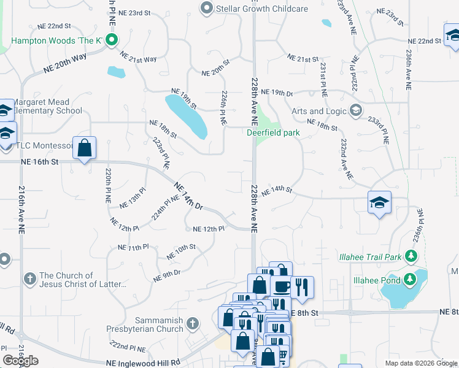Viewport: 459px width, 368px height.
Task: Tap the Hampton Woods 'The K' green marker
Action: click(111, 42)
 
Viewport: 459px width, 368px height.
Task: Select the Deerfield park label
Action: click(273, 132)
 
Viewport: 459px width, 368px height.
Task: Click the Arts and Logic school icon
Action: click(355, 111)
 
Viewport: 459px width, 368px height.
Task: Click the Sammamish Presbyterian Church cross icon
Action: click(193, 323)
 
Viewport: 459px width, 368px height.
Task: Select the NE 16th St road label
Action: click(39, 162)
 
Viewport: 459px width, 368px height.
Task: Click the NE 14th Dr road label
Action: click(188, 196)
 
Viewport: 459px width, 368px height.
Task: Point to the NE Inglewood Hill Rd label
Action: click(142, 362)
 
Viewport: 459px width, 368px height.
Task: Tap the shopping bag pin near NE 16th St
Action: click(85, 148)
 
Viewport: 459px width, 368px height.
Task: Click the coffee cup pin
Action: click(281, 287)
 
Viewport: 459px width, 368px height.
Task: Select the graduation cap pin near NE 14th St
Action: click(379, 203)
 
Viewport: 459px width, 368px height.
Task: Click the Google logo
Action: click(20, 361)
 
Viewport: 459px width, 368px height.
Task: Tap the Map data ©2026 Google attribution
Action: click(421, 363)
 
